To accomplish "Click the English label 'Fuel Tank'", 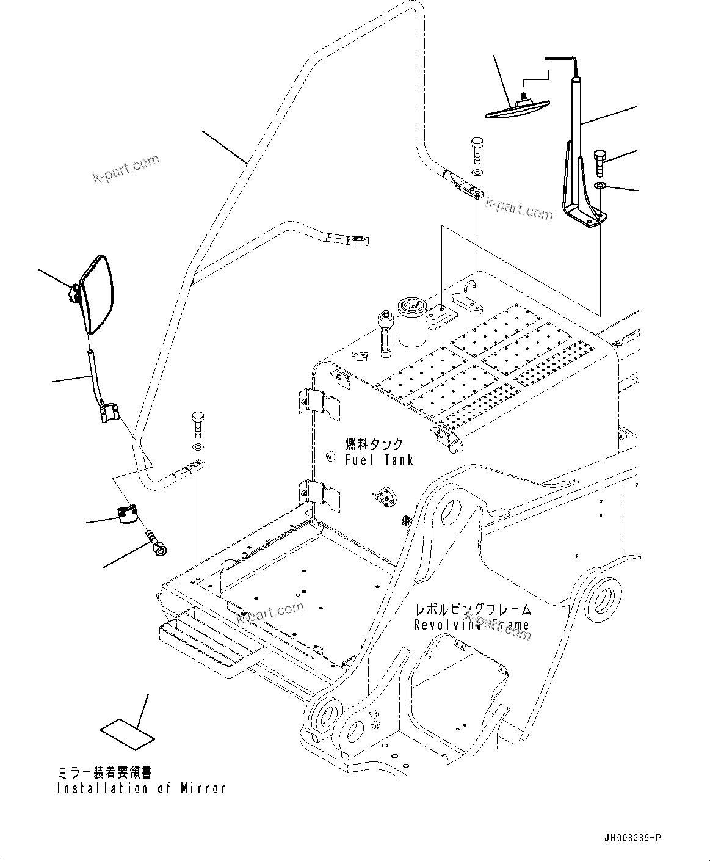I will [379, 460].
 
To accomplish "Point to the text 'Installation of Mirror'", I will [141, 788].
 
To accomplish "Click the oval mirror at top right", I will [518, 108].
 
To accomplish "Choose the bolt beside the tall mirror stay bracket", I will [600, 162].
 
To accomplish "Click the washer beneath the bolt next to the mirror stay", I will [600, 185].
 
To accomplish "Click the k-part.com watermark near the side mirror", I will [125, 169].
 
